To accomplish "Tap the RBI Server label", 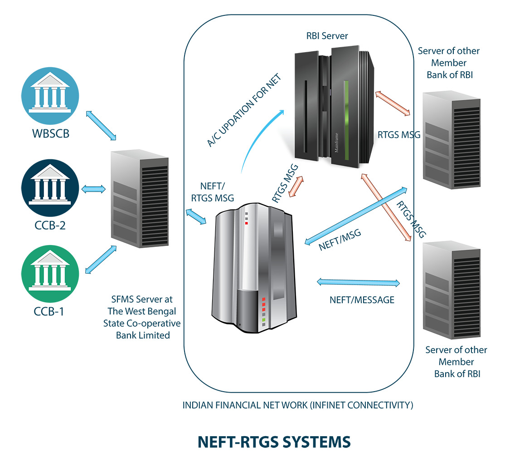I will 327,36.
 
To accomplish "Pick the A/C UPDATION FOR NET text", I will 245,110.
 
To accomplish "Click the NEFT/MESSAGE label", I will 362,300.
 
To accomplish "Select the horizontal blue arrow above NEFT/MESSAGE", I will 359,282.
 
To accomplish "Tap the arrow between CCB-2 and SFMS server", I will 92,188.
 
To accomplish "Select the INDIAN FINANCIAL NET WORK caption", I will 298,405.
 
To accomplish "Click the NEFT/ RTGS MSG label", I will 213,192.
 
